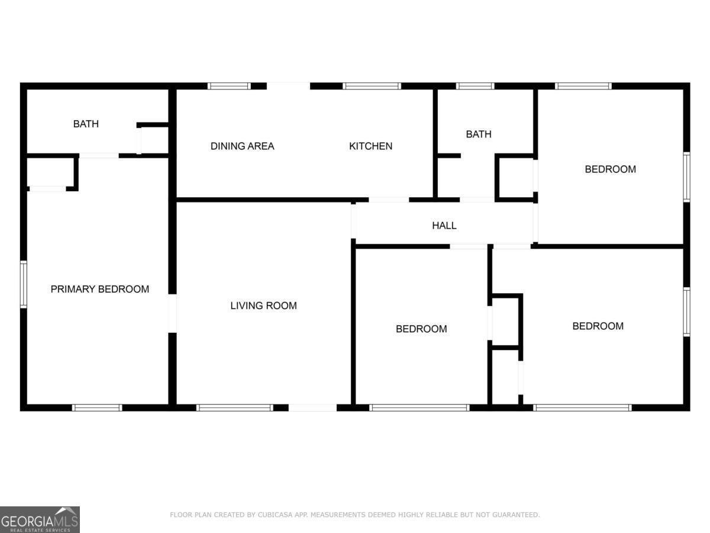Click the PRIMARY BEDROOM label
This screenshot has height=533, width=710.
(99, 289)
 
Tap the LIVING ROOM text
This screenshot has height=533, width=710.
(263, 306)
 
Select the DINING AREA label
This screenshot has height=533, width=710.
(242, 146)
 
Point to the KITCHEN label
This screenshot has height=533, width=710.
(370, 146)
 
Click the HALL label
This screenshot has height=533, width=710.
(444, 225)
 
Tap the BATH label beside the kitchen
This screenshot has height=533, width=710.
(478, 134)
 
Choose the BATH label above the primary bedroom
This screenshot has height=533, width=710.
(86, 124)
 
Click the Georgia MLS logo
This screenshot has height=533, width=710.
(40, 519)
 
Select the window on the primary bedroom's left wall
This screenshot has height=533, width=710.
(24, 284)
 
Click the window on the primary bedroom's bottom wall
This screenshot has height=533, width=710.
(97, 407)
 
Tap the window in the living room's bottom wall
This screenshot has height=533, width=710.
(234, 407)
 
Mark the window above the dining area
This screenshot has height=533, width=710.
(229, 86)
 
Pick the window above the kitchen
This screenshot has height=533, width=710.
(372, 86)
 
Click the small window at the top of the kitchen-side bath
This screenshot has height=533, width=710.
(475, 86)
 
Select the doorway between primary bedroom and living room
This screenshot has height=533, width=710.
(172, 313)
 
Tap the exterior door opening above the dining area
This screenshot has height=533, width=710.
(288, 86)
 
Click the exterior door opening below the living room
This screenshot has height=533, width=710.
(312, 407)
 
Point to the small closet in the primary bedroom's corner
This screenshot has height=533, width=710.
(51, 173)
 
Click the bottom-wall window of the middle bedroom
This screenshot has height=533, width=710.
(419, 407)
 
